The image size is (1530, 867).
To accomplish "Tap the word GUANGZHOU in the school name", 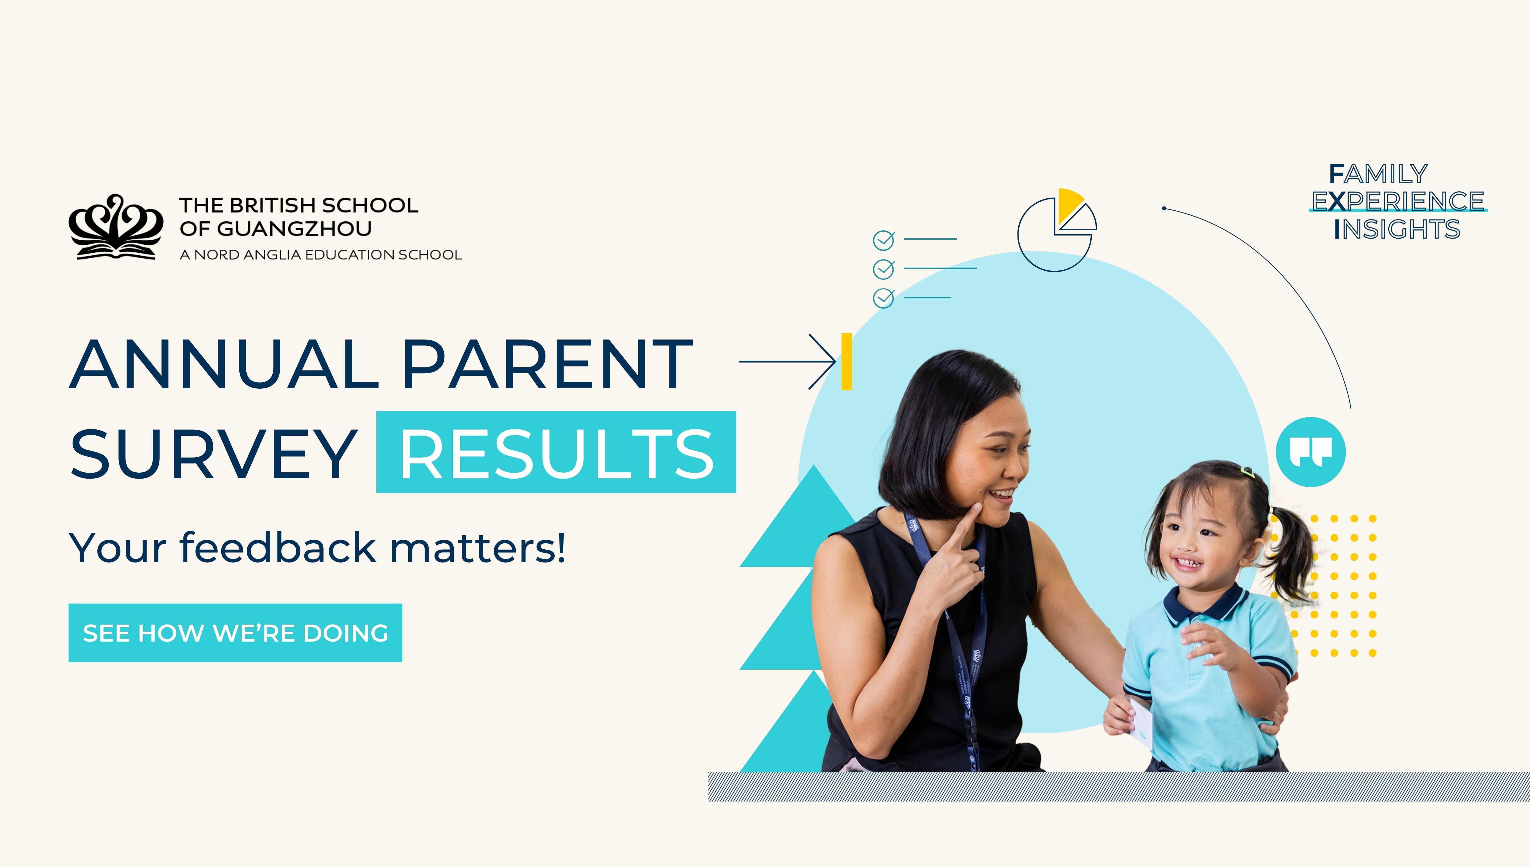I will pos(295,229).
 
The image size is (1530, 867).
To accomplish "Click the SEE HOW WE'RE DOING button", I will pos(235,633).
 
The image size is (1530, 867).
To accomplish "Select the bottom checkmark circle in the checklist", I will pos(883,298).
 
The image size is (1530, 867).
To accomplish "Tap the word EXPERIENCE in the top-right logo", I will pos(1397,201).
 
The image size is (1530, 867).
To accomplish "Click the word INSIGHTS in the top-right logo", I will pos(1397,229).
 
